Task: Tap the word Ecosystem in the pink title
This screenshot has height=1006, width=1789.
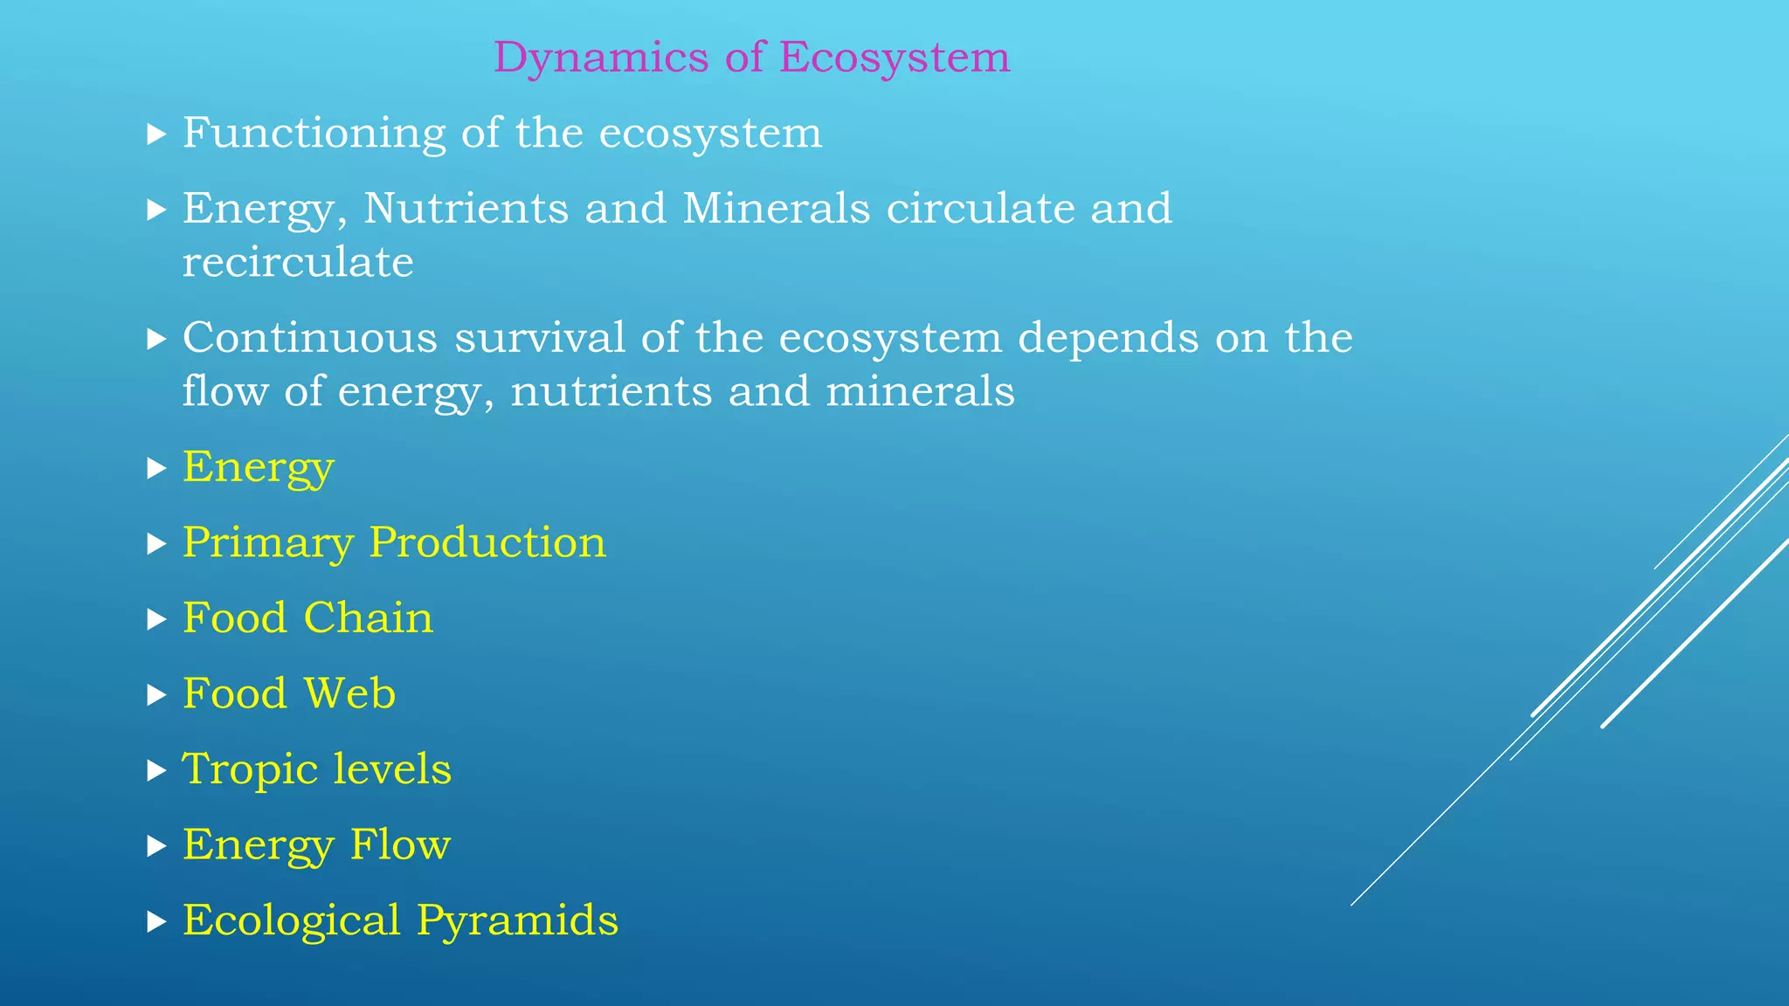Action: [x=894, y=59]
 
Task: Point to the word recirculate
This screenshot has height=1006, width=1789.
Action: [x=298, y=262]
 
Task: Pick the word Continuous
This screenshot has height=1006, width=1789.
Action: [x=309, y=338]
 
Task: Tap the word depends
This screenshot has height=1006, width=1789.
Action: [x=1109, y=338]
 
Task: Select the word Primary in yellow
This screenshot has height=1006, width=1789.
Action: [x=267, y=543]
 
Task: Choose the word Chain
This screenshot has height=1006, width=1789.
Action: [x=369, y=618]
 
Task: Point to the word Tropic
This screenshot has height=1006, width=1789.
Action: [x=249, y=770]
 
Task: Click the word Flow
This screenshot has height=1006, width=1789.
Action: [x=400, y=845]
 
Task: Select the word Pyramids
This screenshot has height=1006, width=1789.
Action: [x=517, y=921]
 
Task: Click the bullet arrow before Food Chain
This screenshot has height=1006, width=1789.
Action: [x=156, y=620]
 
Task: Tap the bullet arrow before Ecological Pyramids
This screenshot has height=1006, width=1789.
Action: [x=156, y=922]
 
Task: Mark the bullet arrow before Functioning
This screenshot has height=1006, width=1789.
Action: [x=156, y=134]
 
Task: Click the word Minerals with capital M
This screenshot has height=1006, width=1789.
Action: [x=777, y=209]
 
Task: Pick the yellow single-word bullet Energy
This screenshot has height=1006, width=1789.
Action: [x=258, y=468]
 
